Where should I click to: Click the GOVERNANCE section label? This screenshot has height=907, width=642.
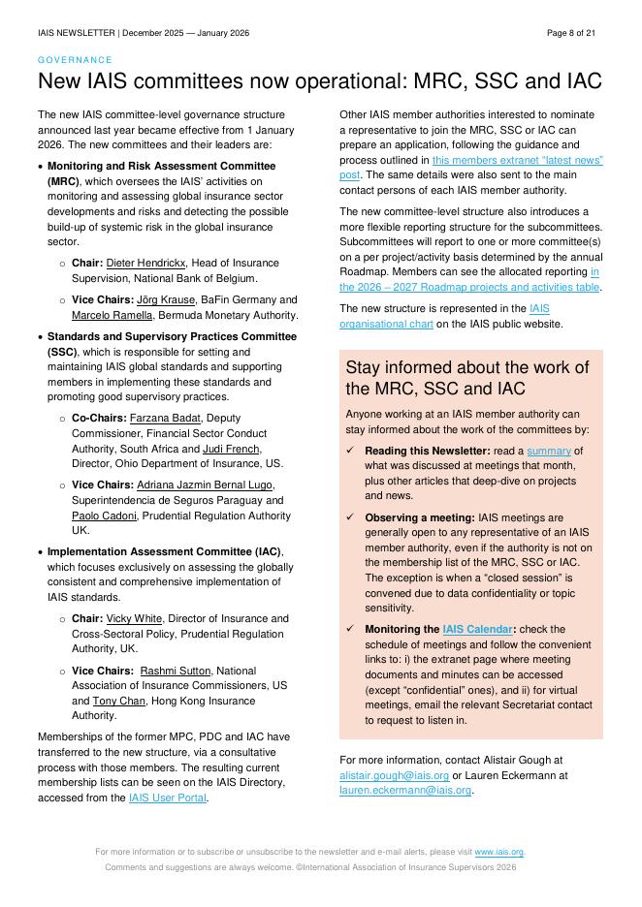click(x=75, y=60)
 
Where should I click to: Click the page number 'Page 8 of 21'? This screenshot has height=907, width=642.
click(x=571, y=33)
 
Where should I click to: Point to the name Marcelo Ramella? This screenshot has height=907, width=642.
click(x=112, y=316)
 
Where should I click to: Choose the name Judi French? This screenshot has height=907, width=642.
click(x=231, y=449)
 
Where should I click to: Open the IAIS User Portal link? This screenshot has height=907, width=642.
click(x=168, y=798)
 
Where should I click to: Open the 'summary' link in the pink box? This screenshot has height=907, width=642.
click(x=549, y=451)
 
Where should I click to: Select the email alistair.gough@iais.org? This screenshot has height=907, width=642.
click(x=394, y=775)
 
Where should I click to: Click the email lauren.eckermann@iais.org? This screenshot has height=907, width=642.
click(x=405, y=791)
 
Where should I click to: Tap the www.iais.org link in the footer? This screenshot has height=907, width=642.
click(x=498, y=852)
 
